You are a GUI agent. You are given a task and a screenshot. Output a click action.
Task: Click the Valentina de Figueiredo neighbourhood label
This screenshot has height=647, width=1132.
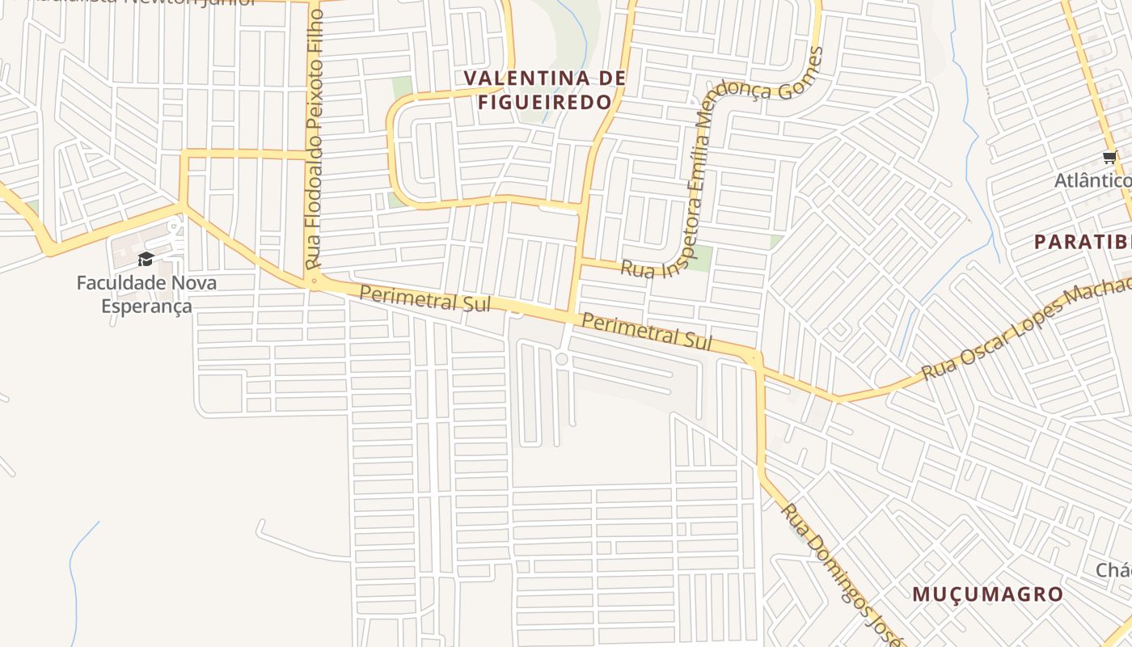(544, 90)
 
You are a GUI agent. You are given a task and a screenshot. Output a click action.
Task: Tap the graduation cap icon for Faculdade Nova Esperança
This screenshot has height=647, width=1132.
(146, 259)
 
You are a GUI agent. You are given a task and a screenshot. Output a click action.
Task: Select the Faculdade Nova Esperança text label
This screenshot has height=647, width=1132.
(146, 294)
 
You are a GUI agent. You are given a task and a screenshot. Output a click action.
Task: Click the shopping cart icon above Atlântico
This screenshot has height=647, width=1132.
(1109, 158)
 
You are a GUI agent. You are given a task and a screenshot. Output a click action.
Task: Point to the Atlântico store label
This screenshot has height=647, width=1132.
(1092, 180)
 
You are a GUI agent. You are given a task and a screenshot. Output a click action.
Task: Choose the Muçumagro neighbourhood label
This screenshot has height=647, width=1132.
(987, 594)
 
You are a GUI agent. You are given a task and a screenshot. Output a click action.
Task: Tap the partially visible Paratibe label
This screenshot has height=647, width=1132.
(1083, 241)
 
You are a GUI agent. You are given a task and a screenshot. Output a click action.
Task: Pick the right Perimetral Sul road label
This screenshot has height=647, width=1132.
(647, 332)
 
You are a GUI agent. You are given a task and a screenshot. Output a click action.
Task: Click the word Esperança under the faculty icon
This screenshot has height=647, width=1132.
(146, 306)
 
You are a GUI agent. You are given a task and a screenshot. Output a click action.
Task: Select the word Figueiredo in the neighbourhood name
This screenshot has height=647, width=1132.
(544, 102)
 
